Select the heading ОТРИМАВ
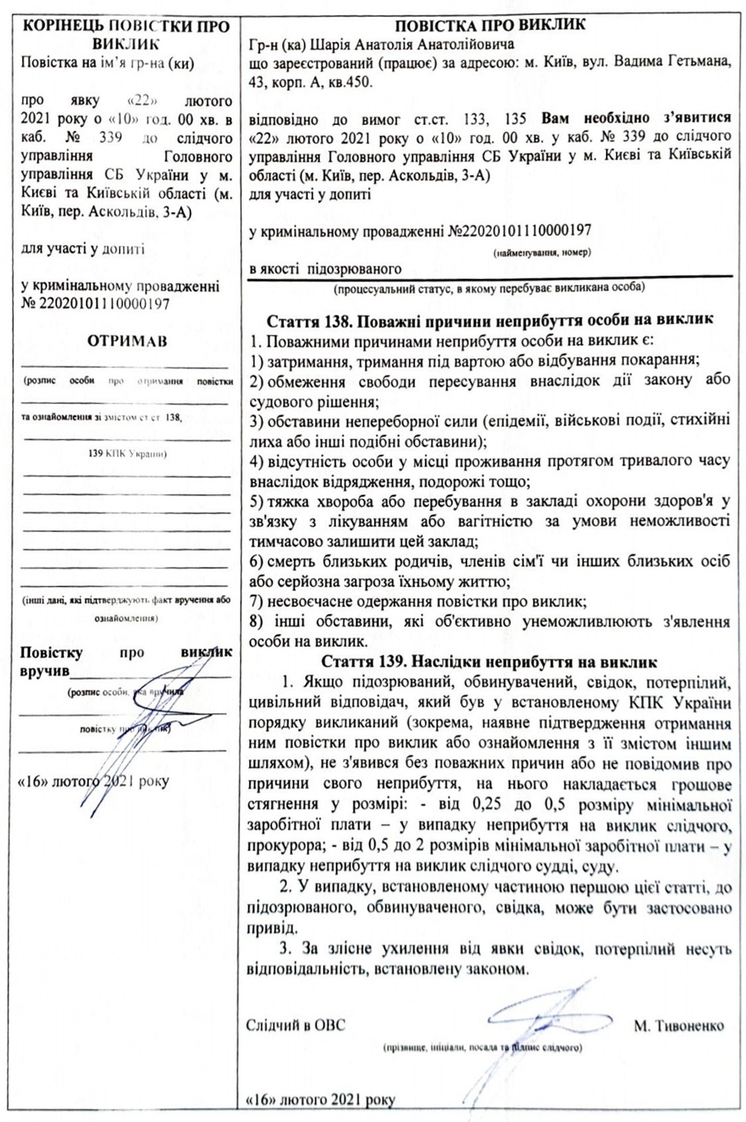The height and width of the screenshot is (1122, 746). click(x=127, y=341)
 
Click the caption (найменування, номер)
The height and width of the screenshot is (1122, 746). click(x=543, y=252)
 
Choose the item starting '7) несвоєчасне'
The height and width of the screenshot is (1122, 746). click(x=417, y=602)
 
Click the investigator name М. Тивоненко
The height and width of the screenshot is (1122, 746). click(x=678, y=1026)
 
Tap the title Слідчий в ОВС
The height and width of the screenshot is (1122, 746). click(x=296, y=1025)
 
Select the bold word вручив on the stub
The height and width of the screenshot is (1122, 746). click(x=45, y=671)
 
